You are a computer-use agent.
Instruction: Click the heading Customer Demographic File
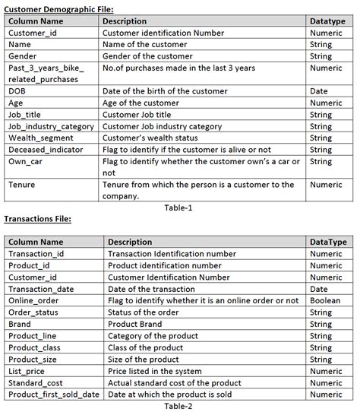59,8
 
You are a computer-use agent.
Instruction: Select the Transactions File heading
38,219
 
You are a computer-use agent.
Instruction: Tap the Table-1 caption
178,207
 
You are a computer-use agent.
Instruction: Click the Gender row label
22,56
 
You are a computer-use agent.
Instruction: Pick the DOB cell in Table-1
17,91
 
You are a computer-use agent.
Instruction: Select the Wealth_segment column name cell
41,138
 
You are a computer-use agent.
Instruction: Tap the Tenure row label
22,185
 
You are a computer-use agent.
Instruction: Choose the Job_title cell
27,115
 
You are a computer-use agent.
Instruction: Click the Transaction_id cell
36,254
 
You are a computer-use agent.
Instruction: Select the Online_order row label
35,301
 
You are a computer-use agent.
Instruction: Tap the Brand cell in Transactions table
21,324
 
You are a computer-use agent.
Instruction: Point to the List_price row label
30,371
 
